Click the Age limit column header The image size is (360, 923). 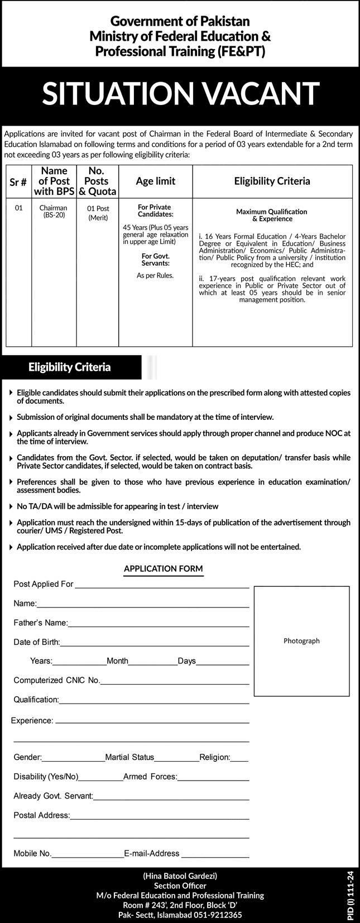pyautogui.click(x=155, y=181)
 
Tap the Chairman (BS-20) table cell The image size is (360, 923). pyautogui.click(x=53, y=211)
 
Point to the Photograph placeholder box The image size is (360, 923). pyautogui.click(x=301, y=640)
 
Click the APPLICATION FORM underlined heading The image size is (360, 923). pyautogui.click(x=163, y=569)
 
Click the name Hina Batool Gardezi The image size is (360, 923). pyautogui.click(x=180, y=876)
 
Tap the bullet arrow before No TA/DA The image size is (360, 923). pyautogui.click(x=12, y=506)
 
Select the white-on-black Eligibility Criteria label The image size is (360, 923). pyautogui.click(x=70, y=367)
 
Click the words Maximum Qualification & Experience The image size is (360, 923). pyautogui.click(x=271, y=216)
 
